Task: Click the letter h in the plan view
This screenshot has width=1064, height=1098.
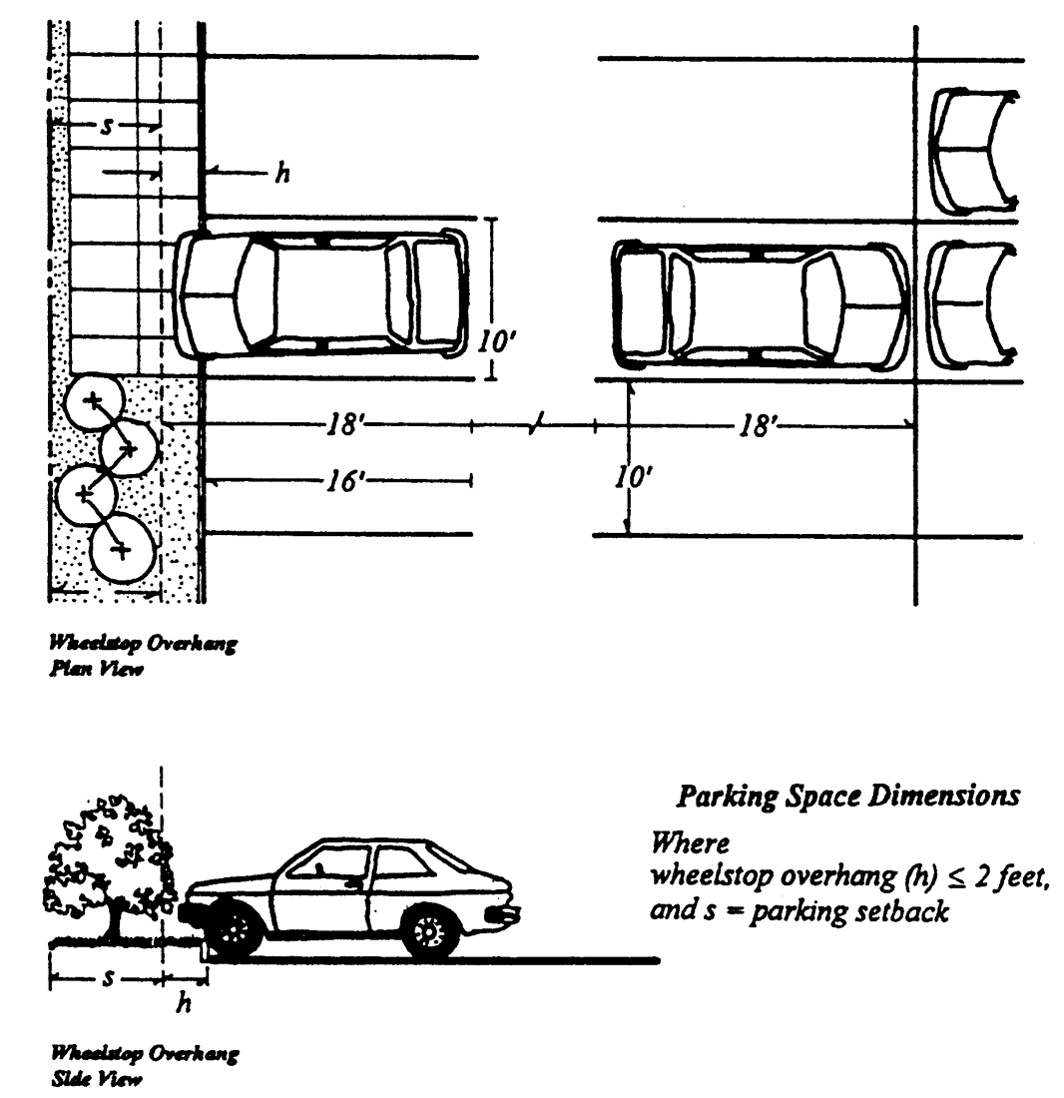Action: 282,174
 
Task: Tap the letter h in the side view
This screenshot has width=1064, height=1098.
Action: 183,1003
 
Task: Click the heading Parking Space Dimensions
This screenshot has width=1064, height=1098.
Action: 848,796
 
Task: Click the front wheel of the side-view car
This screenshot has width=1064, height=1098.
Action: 236,931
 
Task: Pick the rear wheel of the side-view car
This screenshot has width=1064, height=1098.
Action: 430,931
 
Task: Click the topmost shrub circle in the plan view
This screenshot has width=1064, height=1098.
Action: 93,402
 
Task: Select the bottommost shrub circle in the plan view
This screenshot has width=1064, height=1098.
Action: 121,548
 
